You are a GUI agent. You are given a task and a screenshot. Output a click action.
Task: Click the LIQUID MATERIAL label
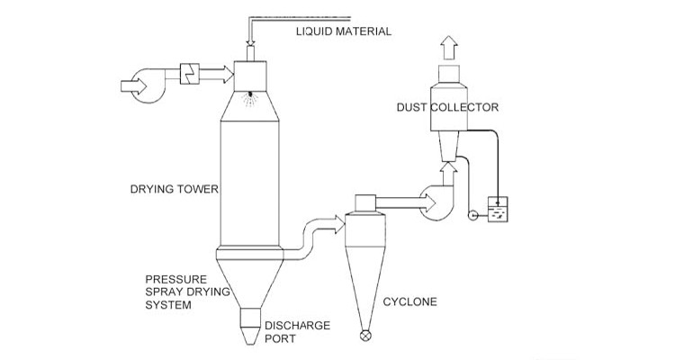345,31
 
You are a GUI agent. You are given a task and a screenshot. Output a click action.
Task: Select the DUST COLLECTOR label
448,107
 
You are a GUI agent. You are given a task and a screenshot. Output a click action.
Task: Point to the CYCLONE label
409,301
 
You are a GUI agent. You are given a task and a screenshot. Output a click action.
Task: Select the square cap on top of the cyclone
365,202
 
